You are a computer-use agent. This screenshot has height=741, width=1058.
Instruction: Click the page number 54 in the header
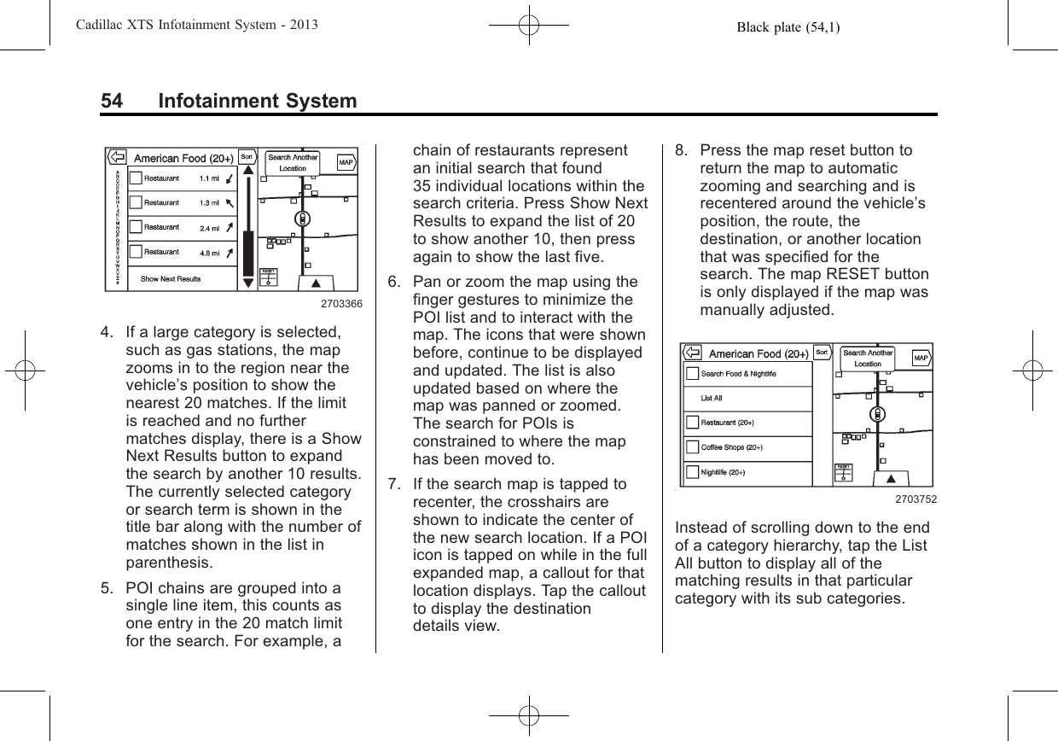111,102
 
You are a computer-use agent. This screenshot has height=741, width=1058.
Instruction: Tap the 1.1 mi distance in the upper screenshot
209,178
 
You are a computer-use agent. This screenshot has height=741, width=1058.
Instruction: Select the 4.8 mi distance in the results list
209,252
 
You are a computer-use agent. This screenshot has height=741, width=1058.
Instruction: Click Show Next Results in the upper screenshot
171,279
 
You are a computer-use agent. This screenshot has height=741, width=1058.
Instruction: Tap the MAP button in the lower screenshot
921,357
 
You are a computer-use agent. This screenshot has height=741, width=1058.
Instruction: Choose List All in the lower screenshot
712,398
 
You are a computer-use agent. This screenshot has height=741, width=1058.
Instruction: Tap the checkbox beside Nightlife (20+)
691,472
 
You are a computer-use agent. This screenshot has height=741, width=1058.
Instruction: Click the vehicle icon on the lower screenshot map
877,415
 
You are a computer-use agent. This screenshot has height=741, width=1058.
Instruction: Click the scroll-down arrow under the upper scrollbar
248,281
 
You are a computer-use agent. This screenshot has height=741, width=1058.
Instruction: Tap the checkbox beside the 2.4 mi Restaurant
135,228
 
